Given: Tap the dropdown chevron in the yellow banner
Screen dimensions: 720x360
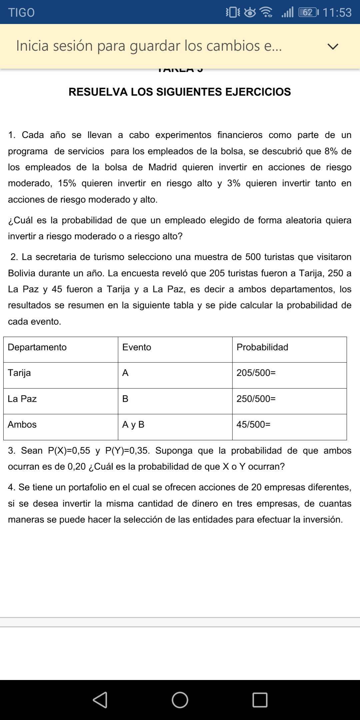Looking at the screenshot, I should [x=333, y=46].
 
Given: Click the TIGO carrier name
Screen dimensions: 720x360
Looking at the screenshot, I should [x=21, y=13].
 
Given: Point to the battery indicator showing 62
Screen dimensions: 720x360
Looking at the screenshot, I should [x=308, y=13].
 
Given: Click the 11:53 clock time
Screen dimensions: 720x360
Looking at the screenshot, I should [x=337, y=13].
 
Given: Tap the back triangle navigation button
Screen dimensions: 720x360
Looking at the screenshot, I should [x=100, y=700].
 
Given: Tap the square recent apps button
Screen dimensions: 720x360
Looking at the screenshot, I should [x=260, y=700].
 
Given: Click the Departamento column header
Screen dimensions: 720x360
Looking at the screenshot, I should [x=37, y=347].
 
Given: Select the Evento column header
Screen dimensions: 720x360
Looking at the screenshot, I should [x=137, y=347].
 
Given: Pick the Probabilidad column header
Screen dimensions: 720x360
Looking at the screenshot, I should [x=262, y=347].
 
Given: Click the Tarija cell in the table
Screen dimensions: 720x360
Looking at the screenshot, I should [x=19, y=373].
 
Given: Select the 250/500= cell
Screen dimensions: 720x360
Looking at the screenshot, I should [x=256, y=399].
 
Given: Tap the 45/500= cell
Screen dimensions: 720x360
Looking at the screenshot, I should [x=253, y=424].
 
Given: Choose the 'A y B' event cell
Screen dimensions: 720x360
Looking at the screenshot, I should [x=133, y=424].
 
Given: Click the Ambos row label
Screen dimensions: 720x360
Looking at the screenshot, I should [x=22, y=424].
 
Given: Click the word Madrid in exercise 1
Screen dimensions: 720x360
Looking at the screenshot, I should [x=162, y=167].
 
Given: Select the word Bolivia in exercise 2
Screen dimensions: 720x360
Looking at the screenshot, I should [x=22, y=273].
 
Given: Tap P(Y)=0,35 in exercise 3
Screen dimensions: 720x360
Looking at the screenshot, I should [x=127, y=451].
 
